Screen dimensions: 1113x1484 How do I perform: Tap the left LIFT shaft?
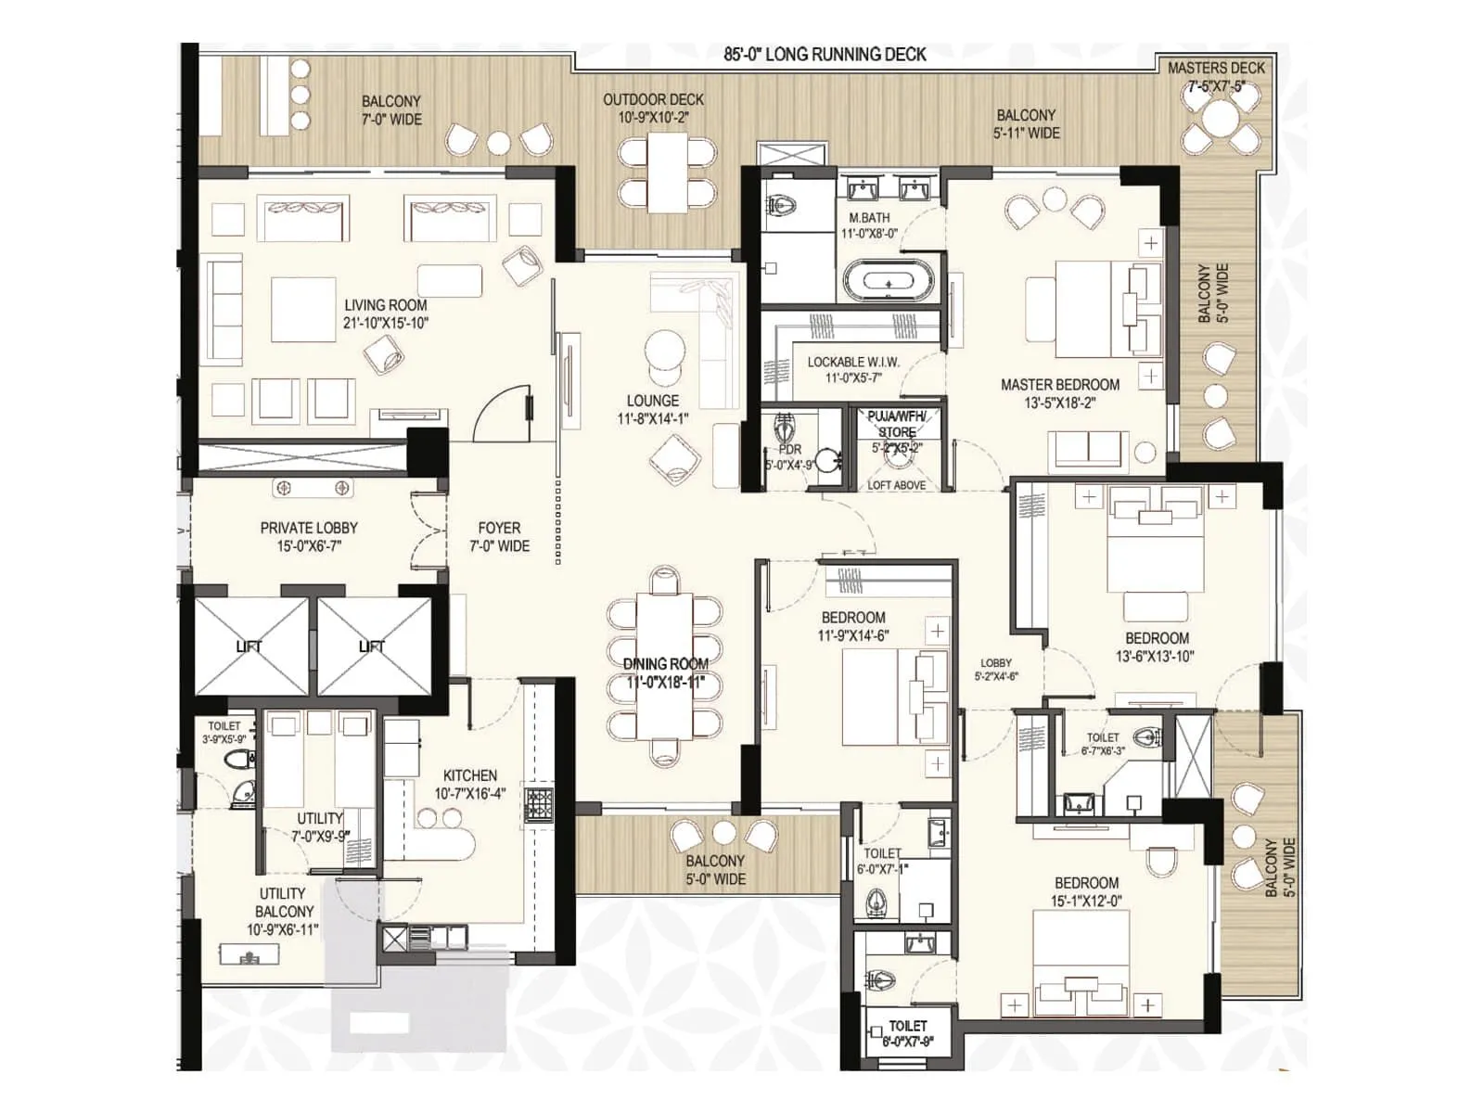[249, 646]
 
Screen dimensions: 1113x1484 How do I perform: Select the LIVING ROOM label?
[386, 313]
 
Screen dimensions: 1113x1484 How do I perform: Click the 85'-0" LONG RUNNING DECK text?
[825, 55]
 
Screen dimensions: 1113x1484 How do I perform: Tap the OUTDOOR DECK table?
[667, 173]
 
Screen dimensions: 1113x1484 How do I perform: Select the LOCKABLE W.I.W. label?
[853, 369]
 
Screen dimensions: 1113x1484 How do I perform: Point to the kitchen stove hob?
[540, 804]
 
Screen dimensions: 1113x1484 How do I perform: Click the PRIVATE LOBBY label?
[309, 536]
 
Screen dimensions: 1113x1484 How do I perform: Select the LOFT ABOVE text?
[896, 485]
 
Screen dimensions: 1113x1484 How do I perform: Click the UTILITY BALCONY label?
[283, 911]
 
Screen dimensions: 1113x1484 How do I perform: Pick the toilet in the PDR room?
[786, 429]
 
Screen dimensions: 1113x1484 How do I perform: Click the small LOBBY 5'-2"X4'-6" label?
[996, 669]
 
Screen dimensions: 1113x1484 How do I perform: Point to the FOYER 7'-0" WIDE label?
[499, 536]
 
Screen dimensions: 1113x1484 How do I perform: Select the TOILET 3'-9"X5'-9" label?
[224, 733]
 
